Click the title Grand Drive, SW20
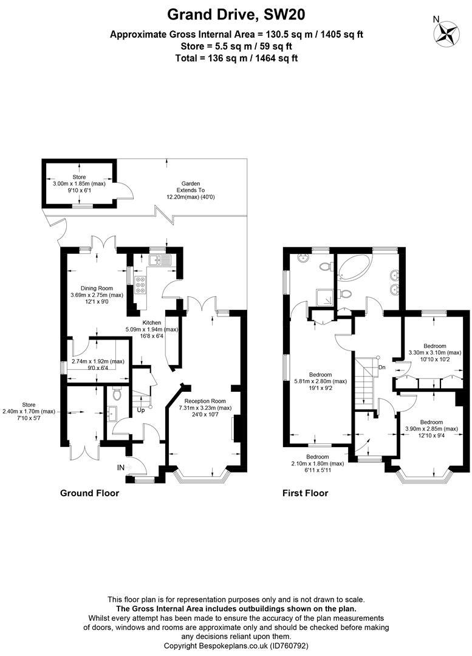236,13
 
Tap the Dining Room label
97,288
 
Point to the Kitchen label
151,323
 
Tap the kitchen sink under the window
161,261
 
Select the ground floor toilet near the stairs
117,393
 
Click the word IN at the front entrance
121,468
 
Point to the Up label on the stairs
141,409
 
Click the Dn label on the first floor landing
381,367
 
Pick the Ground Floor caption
89,493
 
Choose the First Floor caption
305,493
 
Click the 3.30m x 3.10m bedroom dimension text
435,352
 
